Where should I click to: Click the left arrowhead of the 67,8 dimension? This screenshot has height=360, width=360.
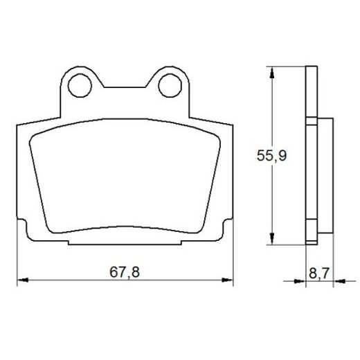pos(21,280)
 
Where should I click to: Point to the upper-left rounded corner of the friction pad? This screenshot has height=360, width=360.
pos(39,138)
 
